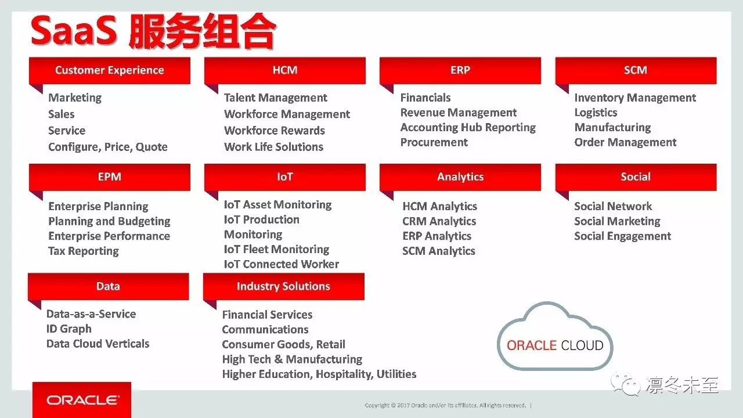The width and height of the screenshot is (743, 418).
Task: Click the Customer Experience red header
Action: tap(110, 70)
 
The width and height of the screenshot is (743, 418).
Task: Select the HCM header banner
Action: tap(285, 70)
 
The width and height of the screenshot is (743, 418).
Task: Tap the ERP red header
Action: tap(460, 70)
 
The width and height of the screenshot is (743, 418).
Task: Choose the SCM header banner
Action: tap(636, 70)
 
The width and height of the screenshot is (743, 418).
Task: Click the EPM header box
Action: tap(110, 177)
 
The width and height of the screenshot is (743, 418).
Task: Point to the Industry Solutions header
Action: tap(284, 286)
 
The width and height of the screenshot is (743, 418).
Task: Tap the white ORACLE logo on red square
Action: tap(82, 400)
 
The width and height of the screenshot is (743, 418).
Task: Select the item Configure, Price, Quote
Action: tap(108, 147)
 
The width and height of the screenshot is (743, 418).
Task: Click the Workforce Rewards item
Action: tap(275, 131)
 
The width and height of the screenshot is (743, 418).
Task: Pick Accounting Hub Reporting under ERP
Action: tap(468, 128)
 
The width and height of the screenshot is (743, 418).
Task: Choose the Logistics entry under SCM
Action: tap(596, 113)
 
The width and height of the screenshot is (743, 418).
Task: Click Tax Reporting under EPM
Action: tap(83, 251)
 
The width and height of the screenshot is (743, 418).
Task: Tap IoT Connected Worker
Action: tap(282, 264)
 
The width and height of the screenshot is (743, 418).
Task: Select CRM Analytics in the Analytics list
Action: tap(439, 221)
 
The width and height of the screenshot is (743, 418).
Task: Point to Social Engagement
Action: tap(623, 236)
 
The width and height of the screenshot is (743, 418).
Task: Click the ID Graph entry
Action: tap(69, 329)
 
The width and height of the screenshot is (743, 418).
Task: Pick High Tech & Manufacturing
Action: tap(292, 359)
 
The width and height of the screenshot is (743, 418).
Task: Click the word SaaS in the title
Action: tap(74, 31)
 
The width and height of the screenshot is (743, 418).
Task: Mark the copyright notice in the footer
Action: tap(445, 405)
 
